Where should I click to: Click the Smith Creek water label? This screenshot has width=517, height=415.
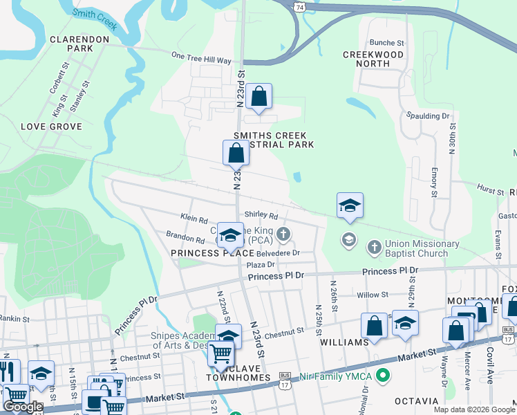pyautogui.click(x=95, y=21)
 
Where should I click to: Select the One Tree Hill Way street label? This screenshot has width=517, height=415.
pyautogui.click(x=200, y=60)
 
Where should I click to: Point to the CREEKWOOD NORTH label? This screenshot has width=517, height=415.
pyautogui.click(x=373, y=59)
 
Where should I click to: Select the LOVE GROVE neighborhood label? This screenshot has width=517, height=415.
pyautogui.click(x=51, y=127)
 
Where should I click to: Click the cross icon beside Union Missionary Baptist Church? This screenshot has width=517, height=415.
pyautogui.click(x=373, y=247)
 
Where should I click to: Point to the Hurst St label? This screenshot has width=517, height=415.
pyautogui.click(x=491, y=188)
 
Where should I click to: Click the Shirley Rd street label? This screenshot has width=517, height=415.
pyautogui.click(x=261, y=216)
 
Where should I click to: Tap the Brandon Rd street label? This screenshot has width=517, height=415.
pyautogui.click(x=185, y=238)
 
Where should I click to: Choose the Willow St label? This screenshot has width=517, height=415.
pyautogui.click(x=373, y=295)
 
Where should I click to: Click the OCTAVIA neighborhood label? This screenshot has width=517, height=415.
pyautogui.click(x=417, y=401)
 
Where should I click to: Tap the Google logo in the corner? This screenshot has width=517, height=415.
pyautogui.click(x=23, y=407)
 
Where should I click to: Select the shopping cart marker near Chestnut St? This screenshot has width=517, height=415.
pyautogui.click(x=221, y=353)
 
